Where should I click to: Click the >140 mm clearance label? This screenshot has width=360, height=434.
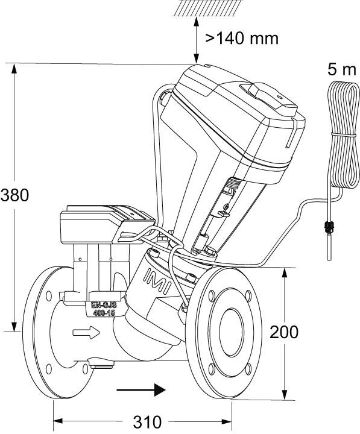(242, 39)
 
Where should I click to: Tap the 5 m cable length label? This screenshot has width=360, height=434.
(343, 69)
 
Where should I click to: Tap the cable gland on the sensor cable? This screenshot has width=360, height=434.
(329, 229)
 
